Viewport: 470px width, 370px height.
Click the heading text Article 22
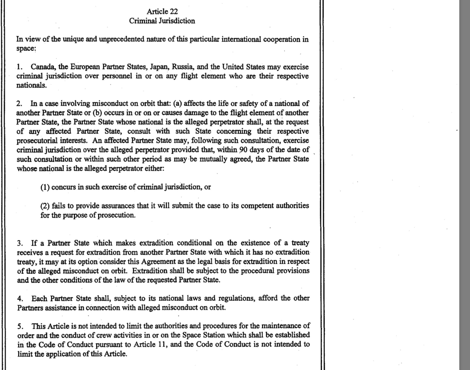tap(162, 11)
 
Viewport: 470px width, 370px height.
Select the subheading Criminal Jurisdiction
tap(162, 21)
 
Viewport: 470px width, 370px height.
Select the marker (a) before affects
tap(178, 104)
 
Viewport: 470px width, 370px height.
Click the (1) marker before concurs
tap(45, 187)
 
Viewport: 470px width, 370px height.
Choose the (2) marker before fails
tap(45, 206)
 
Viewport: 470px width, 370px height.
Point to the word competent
tap(257, 206)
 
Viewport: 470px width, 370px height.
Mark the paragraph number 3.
tap(19, 244)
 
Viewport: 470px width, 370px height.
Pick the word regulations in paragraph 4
tap(236, 298)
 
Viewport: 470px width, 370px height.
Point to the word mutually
tap(213, 159)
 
